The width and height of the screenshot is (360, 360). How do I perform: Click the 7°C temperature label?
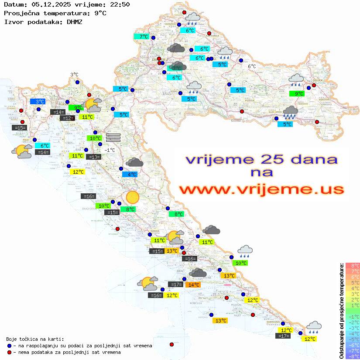point(144,37)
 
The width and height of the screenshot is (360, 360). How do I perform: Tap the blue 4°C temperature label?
point(130,175)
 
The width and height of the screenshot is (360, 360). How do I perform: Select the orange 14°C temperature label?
point(193,285)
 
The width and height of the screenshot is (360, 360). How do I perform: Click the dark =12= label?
point(68,118)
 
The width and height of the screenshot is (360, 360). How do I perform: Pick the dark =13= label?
point(93,157)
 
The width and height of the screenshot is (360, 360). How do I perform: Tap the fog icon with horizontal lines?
point(113,137)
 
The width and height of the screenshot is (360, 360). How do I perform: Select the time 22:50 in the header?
point(120,5)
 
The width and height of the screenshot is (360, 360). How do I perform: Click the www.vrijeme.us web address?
point(261,189)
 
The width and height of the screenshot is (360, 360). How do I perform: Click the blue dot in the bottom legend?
point(10,346)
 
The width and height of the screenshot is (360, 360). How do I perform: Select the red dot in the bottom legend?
point(10,352)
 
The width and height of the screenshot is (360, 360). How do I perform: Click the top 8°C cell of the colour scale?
point(352,265)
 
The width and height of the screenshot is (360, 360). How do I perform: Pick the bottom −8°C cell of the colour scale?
point(352,357)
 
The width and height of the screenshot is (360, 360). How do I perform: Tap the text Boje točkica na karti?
point(35,339)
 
